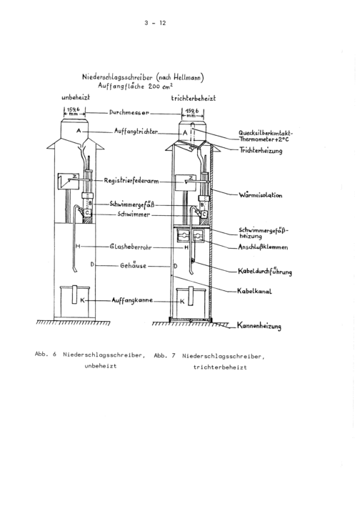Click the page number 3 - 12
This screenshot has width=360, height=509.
(155, 23)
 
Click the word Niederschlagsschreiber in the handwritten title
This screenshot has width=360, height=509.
(117, 77)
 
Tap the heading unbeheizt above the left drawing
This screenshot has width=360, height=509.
(76, 97)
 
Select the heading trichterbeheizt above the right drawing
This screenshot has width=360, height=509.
(194, 98)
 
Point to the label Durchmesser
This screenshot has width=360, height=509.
(129, 113)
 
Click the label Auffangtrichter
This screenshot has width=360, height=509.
(136, 131)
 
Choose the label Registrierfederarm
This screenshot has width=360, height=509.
(131, 181)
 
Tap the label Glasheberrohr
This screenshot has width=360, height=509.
(131, 247)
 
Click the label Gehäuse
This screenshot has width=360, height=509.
(134, 265)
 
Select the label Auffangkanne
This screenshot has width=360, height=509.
(132, 300)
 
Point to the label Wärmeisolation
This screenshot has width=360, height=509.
(261, 195)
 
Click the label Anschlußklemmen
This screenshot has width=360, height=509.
(263, 247)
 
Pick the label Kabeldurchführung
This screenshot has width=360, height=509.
(265, 271)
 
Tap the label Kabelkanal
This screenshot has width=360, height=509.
(254, 291)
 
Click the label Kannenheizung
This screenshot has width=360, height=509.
(259, 325)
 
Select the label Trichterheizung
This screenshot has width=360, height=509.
(261, 150)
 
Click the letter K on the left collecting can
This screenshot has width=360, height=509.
(82, 300)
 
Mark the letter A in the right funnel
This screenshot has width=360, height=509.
(185, 133)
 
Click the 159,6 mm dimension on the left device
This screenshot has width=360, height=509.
(74, 112)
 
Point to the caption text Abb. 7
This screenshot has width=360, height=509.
(164, 355)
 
